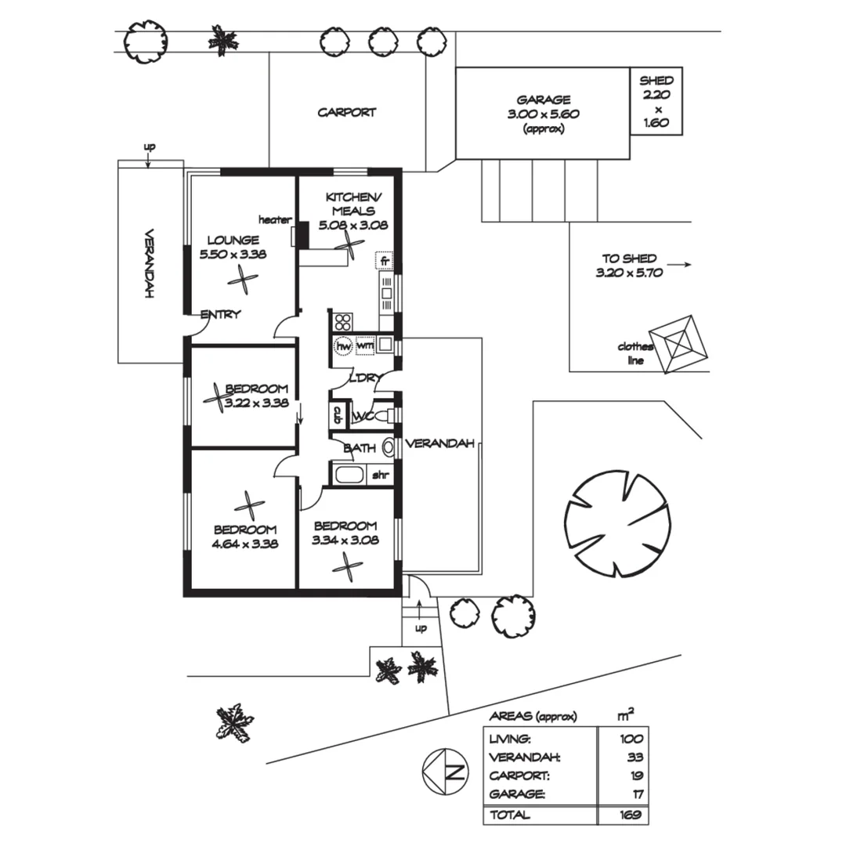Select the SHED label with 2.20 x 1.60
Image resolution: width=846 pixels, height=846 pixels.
tap(656, 101)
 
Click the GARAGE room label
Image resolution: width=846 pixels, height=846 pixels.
tap(543, 99)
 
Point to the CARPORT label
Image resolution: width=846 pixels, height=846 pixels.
tap(346, 113)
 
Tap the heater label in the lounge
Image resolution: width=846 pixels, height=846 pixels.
tap(275, 219)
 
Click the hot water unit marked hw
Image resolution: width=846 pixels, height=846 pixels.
tap(343, 345)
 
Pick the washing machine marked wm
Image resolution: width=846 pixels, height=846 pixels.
tap(364, 345)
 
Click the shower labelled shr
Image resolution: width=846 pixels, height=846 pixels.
tap(380, 475)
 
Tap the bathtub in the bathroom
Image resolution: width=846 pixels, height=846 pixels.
tap(349, 475)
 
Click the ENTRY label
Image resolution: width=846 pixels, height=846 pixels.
tap(220, 315)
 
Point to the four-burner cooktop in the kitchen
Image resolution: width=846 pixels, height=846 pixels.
tap(343, 321)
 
